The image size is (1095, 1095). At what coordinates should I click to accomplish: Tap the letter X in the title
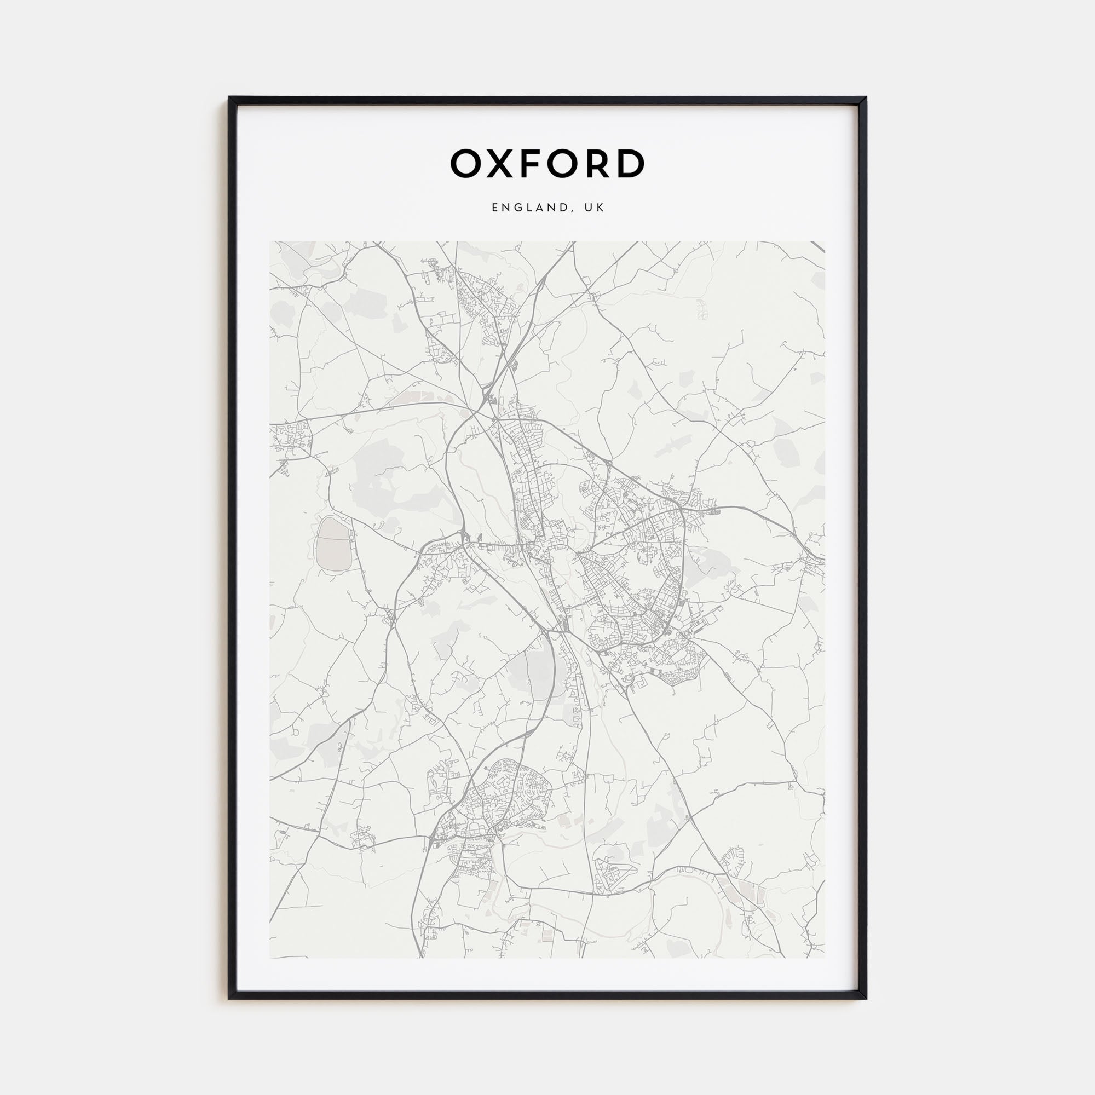(x=500, y=164)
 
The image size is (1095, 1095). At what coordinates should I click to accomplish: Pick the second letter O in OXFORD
(x=561, y=164)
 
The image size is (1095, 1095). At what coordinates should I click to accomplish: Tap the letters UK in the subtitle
(x=595, y=208)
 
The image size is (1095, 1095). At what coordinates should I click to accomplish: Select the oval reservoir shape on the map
(x=333, y=545)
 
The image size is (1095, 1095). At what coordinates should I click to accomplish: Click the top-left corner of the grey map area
(x=270, y=242)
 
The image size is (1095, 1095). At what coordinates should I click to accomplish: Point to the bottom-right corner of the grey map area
(x=824, y=958)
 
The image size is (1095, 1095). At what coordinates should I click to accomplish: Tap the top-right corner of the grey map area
(x=824, y=242)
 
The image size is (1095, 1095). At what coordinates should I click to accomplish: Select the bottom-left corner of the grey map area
(x=270, y=958)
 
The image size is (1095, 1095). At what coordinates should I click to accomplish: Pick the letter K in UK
(x=601, y=208)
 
